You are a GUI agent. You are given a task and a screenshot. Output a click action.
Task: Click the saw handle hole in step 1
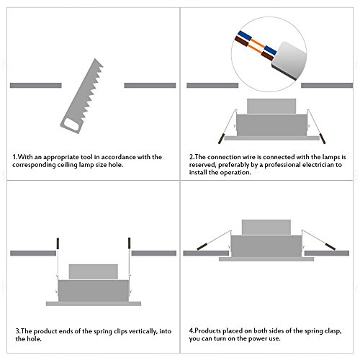pos(72,125)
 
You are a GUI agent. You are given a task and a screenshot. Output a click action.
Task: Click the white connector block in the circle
pos(289,60)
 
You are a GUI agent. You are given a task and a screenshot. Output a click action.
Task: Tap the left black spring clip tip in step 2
pos(221,139)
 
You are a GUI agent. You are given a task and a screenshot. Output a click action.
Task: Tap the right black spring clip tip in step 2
pos(323,139)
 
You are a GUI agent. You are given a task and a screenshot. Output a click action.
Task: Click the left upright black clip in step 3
pos(58,243)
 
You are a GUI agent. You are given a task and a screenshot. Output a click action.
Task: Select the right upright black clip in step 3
pos(129,243)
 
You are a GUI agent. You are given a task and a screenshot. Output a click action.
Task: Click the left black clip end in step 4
pos(202,246)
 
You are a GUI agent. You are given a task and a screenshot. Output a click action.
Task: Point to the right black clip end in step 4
pos(330,246)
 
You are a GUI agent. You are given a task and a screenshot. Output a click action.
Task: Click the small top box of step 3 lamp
pos(94,271)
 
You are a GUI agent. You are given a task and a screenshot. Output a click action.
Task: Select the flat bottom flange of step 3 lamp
pos(94,304)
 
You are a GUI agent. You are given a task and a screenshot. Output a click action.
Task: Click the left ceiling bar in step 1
pos(36,85)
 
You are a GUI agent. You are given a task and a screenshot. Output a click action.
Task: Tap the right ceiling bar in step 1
pos(150,85)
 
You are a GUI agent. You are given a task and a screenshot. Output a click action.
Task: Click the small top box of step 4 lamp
pos(266,227)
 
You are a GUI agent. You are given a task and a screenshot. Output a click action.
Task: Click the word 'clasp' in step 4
pos(333,331)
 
